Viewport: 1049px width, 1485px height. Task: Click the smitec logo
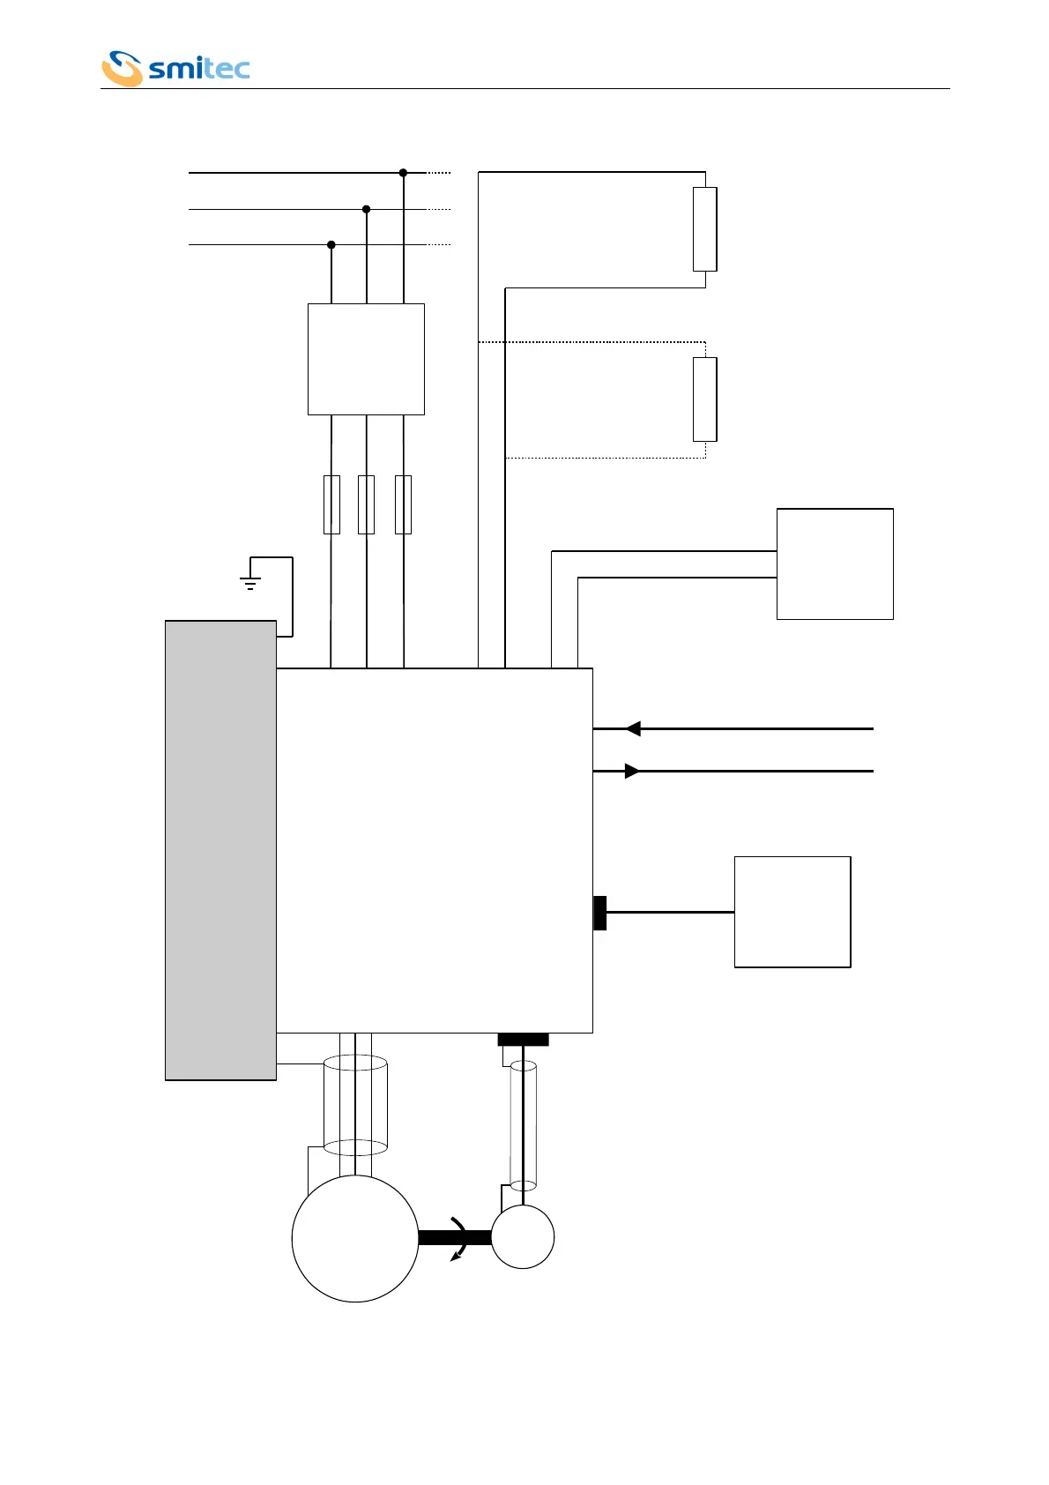pos(175,69)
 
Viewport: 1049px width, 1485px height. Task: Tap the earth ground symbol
pos(250,582)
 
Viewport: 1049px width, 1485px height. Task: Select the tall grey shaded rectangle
pos(220,850)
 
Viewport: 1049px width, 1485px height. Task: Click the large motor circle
pos(355,1238)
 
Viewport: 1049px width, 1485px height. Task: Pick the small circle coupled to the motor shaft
pos(523,1237)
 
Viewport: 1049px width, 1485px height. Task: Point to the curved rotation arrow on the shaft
pos(459,1238)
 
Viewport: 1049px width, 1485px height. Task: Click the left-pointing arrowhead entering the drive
pos(633,729)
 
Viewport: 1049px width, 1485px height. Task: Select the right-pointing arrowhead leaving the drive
pos(632,771)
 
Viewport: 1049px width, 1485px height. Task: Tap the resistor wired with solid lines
pos(704,229)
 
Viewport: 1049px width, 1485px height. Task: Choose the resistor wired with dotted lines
pos(704,399)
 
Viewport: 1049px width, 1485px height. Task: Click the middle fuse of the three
pos(366,504)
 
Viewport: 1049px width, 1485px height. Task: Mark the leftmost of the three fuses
pos(331,504)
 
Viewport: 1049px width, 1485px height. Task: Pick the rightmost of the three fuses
pos(403,504)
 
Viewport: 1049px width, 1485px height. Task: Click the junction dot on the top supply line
pos(403,173)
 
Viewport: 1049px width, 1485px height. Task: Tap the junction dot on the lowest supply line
pos(331,244)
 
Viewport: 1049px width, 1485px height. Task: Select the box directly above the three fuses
pos(366,359)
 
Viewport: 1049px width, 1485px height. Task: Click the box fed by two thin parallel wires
pos(835,563)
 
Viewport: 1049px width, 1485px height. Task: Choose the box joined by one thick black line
pos(792,912)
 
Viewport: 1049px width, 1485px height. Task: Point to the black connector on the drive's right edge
pos(600,913)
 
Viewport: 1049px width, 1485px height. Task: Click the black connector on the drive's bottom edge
pos(523,1040)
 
